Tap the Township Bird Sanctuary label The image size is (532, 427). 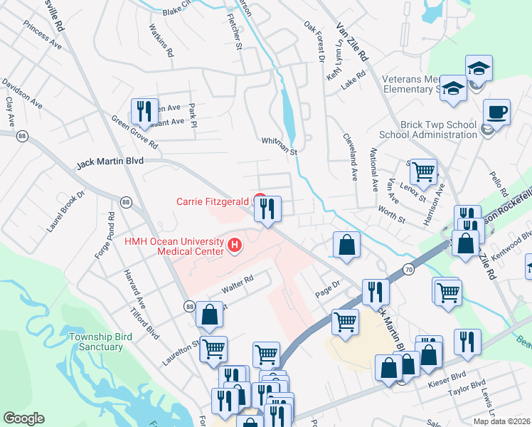point(96,342)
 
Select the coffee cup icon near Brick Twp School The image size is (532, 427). point(496,112)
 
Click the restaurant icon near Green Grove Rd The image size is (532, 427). point(144,112)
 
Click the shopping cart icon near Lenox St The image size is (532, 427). point(424,172)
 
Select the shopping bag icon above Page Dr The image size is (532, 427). point(346,245)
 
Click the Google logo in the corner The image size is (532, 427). point(24,418)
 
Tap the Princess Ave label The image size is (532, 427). point(42,33)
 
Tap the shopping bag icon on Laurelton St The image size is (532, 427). point(210,315)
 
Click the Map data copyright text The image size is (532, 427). point(501,421)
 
